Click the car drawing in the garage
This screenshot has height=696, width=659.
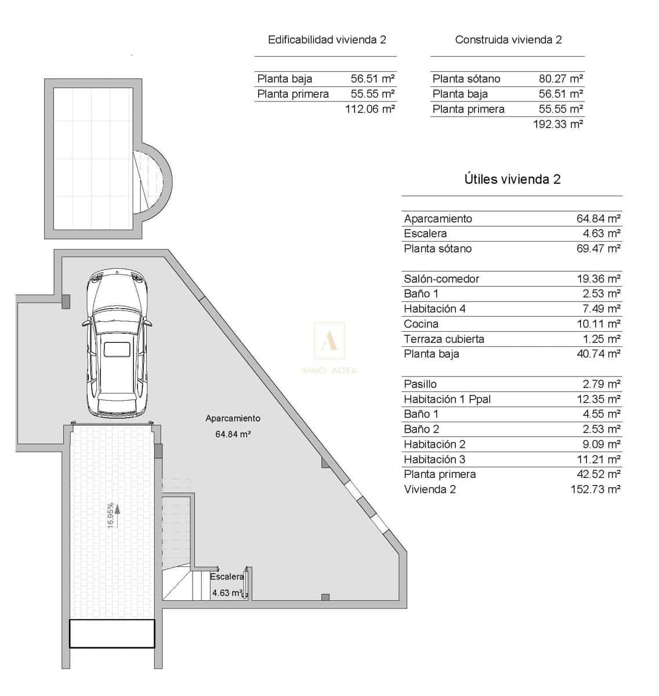118,344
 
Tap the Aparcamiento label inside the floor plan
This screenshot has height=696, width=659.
233,418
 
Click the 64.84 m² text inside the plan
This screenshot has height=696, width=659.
233,434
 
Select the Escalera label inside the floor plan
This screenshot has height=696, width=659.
227,577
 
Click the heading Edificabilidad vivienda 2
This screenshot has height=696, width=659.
327,40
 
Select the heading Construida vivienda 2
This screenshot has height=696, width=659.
508,40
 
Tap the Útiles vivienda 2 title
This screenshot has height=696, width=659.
512,179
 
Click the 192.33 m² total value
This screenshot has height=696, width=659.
557,124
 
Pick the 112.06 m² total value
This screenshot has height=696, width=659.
370,108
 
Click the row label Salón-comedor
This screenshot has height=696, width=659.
441,279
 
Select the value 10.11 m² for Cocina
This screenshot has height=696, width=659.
599,324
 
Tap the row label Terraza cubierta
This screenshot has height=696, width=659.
444,339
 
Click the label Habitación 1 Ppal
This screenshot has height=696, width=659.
447,399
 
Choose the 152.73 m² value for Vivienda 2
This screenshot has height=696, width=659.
595,489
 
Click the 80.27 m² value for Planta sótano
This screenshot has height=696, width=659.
560,79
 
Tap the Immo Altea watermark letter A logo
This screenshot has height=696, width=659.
329,342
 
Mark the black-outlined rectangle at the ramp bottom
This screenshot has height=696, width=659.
112,633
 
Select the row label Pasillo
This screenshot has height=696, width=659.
420,384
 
